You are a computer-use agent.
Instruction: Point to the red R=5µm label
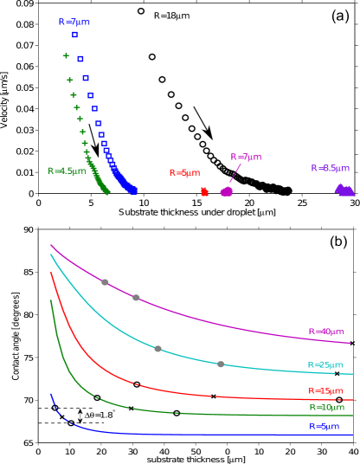coord(184,173)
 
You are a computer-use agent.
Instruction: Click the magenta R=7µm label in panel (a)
coord(245,157)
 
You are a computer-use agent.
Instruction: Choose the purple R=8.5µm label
coord(330,168)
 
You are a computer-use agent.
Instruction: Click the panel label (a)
coord(339,16)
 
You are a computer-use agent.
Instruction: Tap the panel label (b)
coord(338,242)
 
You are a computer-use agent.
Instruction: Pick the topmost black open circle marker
coord(141,11)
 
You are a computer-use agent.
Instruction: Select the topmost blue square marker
coord(74,35)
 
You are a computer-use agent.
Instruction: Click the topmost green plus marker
coord(66,55)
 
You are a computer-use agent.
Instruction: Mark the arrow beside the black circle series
coord(202,122)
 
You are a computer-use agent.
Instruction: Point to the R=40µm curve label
coord(326,332)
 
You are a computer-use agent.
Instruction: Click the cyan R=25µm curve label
coord(326,364)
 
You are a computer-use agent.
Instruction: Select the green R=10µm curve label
coord(326,407)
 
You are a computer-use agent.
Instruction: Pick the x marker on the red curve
coord(213,396)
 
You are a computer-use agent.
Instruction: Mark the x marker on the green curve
coord(131,408)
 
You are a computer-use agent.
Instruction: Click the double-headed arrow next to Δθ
coord(80,416)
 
